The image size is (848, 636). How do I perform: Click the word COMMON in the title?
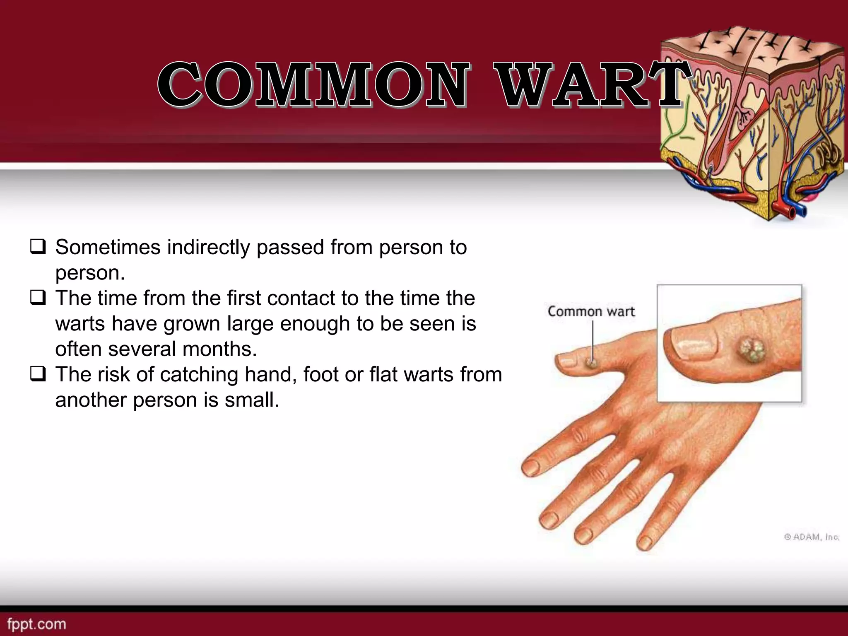pos(314,85)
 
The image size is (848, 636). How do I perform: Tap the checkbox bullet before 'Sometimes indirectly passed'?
pos(37,247)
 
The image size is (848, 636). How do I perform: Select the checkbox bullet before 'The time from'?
pos(37,298)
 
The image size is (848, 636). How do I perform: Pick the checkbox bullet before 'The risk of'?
pos(37,374)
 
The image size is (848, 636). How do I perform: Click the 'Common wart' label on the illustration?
pos(591,311)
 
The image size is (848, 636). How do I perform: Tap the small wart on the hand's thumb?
pos(591,363)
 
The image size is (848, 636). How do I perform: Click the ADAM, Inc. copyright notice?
pos(812,537)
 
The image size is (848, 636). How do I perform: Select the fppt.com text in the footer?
pos(36,624)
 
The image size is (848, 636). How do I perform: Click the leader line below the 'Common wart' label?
pos(593,340)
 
